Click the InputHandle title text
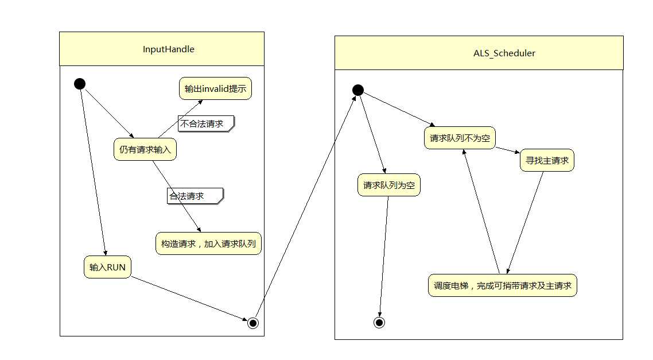pyautogui.click(x=168, y=49)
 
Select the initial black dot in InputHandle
pyautogui.click(x=80, y=84)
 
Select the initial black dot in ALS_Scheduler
pyautogui.click(x=357, y=90)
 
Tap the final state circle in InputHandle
pyautogui.click(x=252, y=323)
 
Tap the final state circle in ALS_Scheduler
pyautogui.click(x=379, y=323)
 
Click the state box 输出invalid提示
pyautogui.click(x=215, y=89)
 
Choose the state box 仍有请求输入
pyautogui.click(x=145, y=150)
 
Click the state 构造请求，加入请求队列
pyautogui.click(x=208, y=243)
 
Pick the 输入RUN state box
pyautogui.click(x=107, y=268)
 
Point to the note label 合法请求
pyautogui.click(x=193, y=196)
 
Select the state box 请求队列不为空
pyautogui.click(x=459, y=138)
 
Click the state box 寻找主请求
pyautogui.click(x=547, y=161)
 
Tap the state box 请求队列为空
pyautogui.click(x=388, y=185)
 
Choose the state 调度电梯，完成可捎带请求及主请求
pyautogui.click(x=502, y=285)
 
